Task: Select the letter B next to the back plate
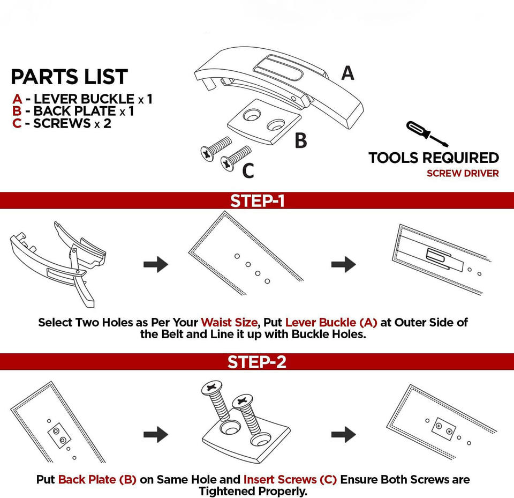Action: click(301, 140)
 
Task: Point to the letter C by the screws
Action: click(248, 170)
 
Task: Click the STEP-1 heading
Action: click(257, 201)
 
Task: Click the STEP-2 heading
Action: click(257, 362)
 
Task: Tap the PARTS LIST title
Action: click(70, 77)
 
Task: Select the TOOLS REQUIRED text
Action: click(434, 158)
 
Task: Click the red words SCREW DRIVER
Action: click(463, 173)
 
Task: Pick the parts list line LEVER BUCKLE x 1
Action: click(83, 99)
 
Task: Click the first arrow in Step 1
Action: click(156, 264)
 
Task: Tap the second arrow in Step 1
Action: click(343, 264)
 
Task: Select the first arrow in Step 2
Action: click(156, 434)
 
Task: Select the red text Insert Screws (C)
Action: click(290, 479)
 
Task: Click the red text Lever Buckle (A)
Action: click(331, 323)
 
